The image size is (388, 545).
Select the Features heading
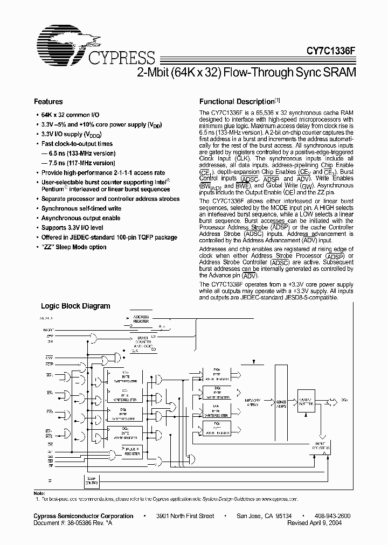(x=48, y=101)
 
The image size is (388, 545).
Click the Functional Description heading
(x=237, y=101)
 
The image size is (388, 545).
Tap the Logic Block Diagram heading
(x=75, y=306)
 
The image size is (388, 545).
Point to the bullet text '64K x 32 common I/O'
(x=70, y=115)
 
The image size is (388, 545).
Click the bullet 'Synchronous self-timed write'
(x=81, y=208)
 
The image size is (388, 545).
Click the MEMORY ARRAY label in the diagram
(x=253, y=403)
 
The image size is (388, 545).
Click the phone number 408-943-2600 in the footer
(x=332, y=516)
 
